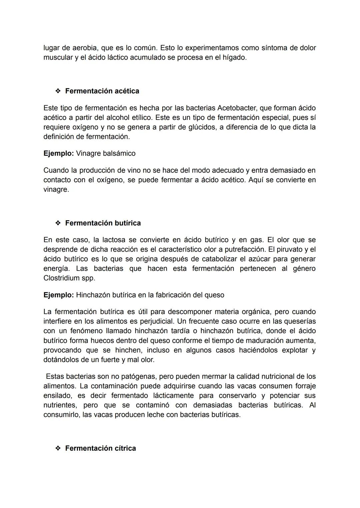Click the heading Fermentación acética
pyautogui.click(x=102, y=91)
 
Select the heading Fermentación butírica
pyautogui.click(x=103, y=223)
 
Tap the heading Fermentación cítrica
pyautogui.click(x=100, y=448)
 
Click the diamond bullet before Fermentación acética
pyautogui.click(x=58, y=91)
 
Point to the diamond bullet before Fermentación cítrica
pyautogui.click(x=58, y=448)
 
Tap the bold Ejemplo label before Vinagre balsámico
pyautogui.click(x=58, y=153)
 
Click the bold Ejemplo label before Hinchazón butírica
pyautogui.click(x=58, y=295)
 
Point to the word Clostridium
pyautogui.click(x=61, y=278)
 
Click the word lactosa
pyautogui.click(x=115, y=240)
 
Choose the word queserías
pyautogui.click(x=299, y=321)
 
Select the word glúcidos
pyautogui.click(x=197, y=127)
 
